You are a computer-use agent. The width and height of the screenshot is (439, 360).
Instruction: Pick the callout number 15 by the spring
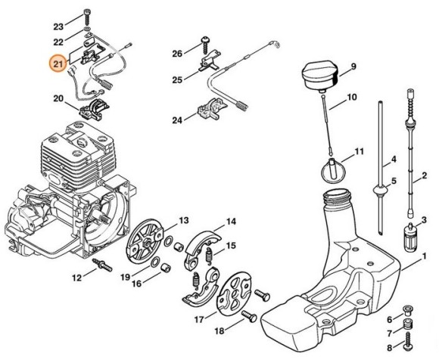pyautogui.click(x=231, y=245)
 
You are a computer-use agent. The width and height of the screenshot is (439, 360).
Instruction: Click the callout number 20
pyautogui.click(x=58, y=98)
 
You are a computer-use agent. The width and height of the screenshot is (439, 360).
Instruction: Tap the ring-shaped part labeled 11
pyautogui.click(x=331, y=169)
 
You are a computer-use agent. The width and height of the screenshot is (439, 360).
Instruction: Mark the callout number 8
pyautogui.click(x=388, y=349)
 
